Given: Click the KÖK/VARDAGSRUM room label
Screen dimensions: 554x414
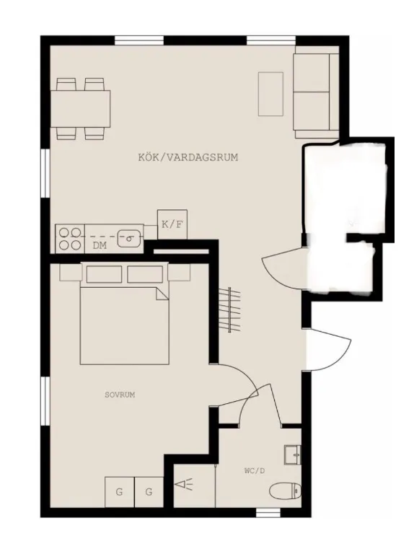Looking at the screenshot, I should pos(188,157).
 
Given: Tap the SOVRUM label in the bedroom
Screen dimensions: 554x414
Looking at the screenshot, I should pos(120,395).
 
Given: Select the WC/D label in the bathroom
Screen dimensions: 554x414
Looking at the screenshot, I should pos(255,470).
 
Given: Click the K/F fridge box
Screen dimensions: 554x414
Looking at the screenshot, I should pos(172,224).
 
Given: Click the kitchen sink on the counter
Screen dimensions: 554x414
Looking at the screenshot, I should pos(129,235).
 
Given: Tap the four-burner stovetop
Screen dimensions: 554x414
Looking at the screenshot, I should pos(69,239).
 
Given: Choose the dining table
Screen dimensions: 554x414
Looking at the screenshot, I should pos(82,109).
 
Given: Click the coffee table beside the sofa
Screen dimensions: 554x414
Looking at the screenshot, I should pos(271,94).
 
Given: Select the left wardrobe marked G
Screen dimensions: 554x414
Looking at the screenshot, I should pos(119,493).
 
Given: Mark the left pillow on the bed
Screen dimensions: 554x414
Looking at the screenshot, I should pos(105,274).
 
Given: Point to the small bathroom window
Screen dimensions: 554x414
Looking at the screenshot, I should pos(268,513).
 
